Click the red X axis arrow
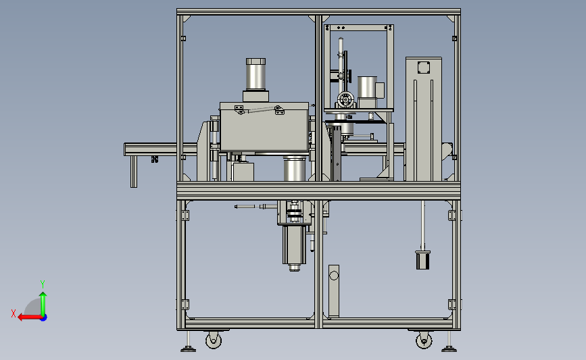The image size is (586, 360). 30,317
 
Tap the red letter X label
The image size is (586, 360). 14,313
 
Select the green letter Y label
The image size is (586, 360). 43,284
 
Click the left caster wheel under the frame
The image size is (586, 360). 214,340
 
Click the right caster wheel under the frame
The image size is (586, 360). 424,340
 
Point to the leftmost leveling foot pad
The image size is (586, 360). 188,349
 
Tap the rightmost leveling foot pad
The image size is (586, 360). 449,349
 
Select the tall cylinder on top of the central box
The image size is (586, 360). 256,74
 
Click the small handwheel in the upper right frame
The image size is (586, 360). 345,100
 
